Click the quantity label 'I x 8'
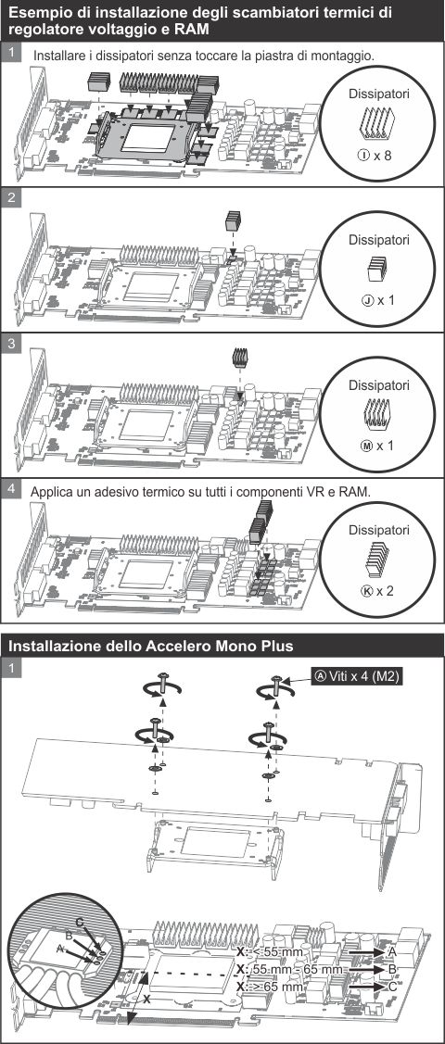[x=375, y=155]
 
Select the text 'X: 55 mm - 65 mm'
[x=289, y=969]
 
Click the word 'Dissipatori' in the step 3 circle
[x=377, y=384]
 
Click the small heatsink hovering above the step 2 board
[x=233, y=220]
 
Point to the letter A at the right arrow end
[x=391, y=951]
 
